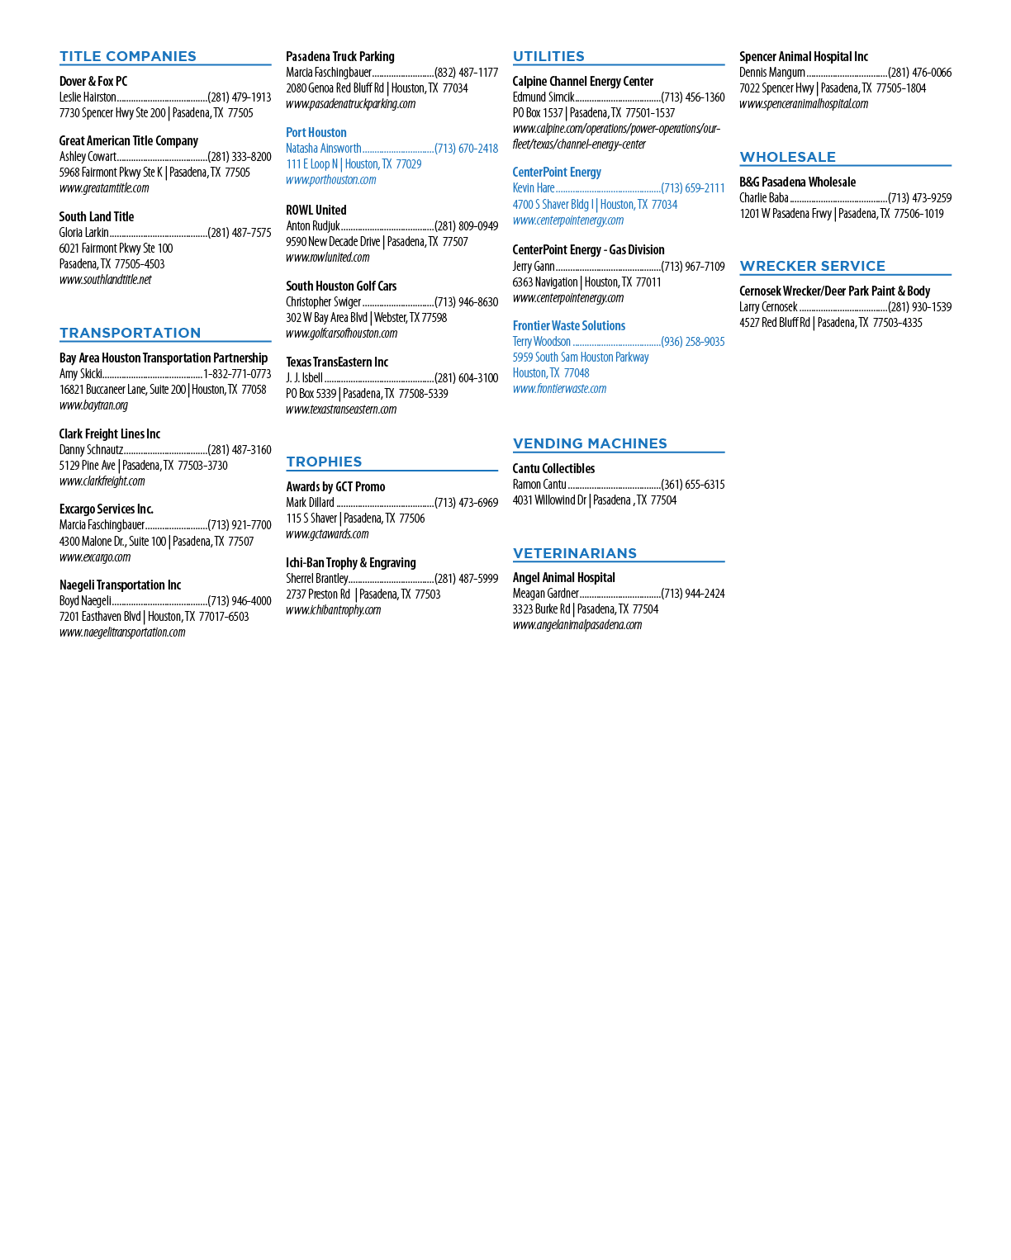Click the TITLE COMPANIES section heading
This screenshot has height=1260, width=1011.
[128, 56]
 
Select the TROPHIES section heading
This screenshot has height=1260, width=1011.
[324, 462]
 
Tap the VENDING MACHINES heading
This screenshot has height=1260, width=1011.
[590, 443]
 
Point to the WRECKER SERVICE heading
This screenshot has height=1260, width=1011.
[813, 266]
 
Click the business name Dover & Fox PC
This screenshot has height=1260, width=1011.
[93, 82]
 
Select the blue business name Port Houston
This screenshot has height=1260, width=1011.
[316, 132]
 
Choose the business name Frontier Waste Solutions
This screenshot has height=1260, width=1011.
[569, 325]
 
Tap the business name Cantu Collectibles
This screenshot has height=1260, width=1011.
[553, 468]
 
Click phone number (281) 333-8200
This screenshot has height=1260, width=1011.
[240, 156]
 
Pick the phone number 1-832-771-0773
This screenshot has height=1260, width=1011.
[237, 373]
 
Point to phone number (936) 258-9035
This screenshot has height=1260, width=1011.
[693, 341]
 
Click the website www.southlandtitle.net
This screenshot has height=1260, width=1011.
[106, 280]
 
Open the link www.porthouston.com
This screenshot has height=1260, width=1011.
[331, 180]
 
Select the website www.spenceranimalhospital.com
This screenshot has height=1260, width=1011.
[804, 104]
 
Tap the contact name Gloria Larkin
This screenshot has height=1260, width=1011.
[83, 233]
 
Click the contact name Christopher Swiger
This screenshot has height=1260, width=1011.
[323, 302]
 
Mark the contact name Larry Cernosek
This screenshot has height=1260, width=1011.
[768, 307]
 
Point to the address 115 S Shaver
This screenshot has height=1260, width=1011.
[311, 519]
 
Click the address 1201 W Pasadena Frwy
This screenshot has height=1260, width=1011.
[786, 214]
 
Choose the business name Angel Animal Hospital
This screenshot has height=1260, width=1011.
[563, 577]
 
